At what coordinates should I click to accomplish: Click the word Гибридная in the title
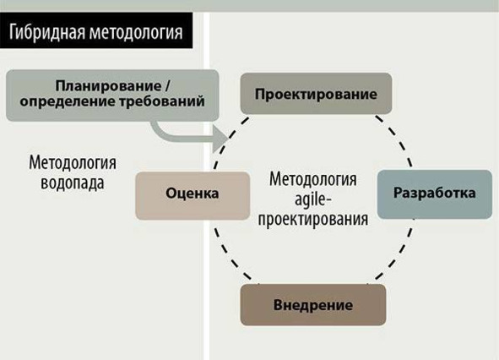click(47, 32)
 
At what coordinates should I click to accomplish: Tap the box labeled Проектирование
click(316, 94)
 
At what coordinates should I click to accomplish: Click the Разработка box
click(435, 194)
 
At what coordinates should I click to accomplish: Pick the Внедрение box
click(313, 305)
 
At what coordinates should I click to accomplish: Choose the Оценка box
click(193, 195)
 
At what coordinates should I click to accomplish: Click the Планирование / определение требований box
click(112, 95)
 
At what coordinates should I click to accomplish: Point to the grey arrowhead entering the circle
click(220, 139)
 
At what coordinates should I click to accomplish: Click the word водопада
click(73, 183)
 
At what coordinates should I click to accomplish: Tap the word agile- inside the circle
click(313, 199)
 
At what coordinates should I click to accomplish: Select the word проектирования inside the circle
click(313, 220)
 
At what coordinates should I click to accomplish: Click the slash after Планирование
click(167, 85)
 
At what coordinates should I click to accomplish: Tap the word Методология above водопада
click(73, 162)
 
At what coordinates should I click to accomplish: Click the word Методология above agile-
click(313, 179)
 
